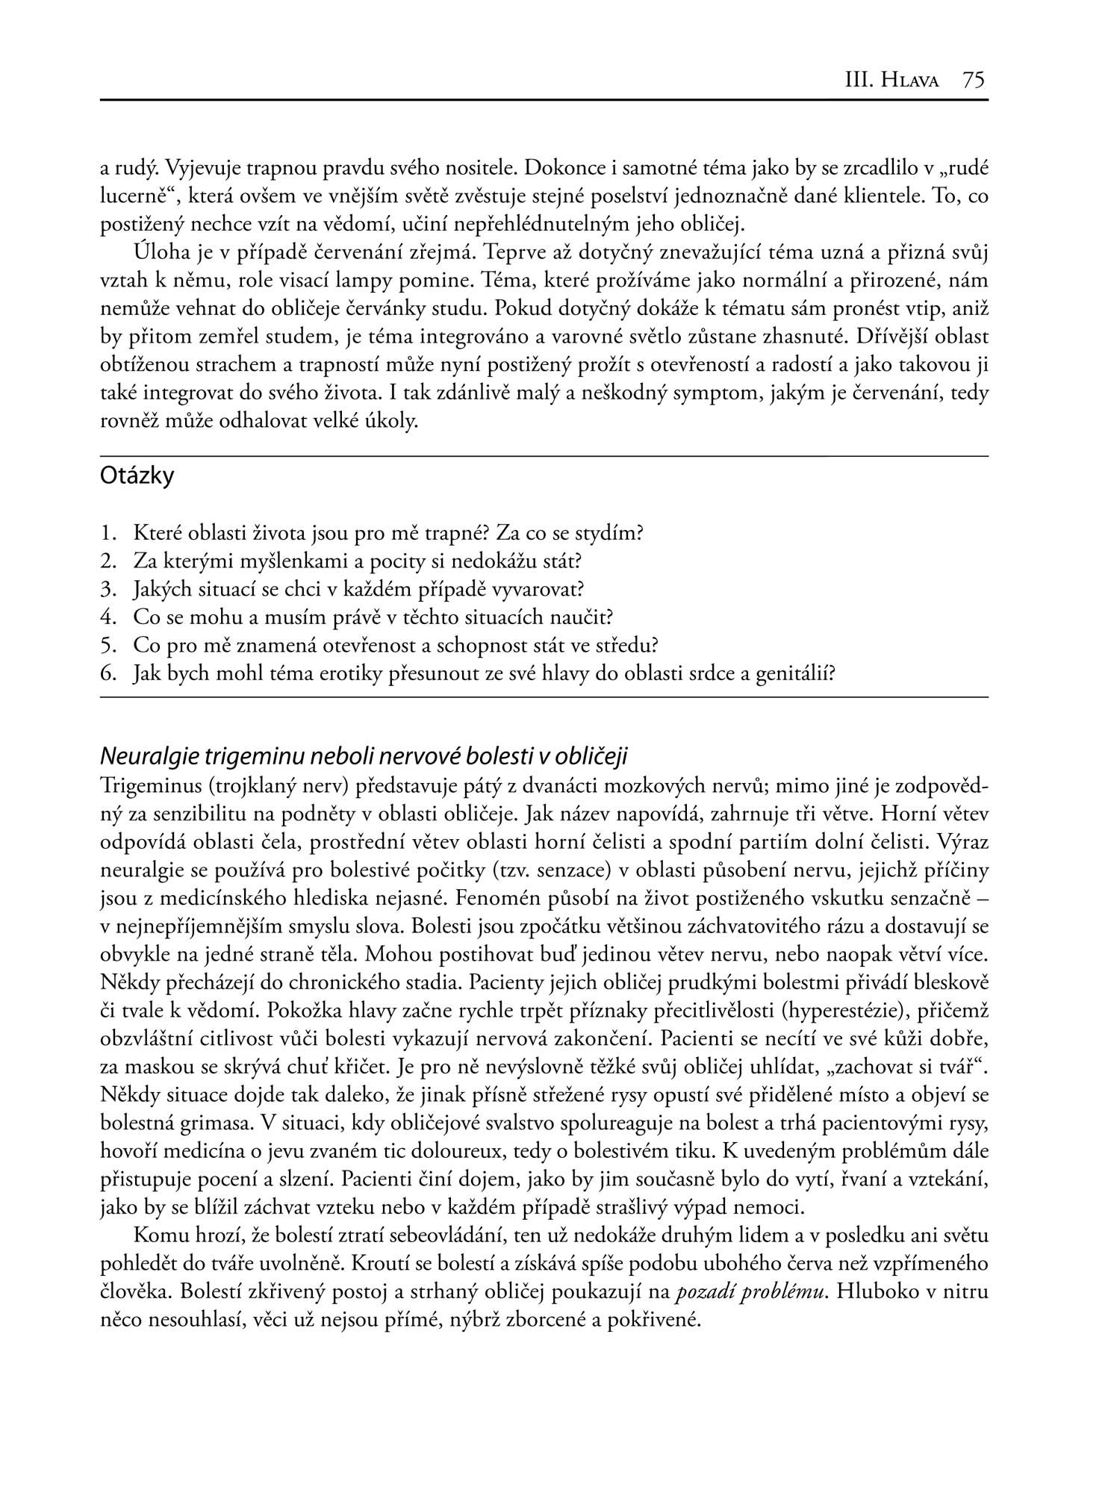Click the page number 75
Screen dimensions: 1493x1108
pos(974,80)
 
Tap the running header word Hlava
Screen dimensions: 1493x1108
pos(910,81)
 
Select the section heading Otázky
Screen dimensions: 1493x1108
pos(137,476)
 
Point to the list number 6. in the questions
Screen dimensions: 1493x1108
pos(111,674)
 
